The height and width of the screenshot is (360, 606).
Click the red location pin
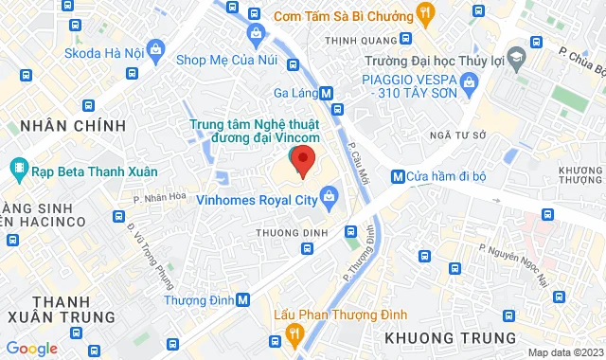302,160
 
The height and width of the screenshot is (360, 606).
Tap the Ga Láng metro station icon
327,94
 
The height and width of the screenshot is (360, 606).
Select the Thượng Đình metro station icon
243,300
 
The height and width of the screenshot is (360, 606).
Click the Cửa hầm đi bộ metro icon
397,176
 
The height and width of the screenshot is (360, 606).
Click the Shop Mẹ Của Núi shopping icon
256,34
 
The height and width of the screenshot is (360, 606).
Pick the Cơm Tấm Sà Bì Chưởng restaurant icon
425,13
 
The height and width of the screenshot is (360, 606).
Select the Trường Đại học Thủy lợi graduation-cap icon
517,58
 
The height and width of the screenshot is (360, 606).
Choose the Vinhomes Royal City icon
330,199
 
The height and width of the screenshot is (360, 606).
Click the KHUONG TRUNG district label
452,338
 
